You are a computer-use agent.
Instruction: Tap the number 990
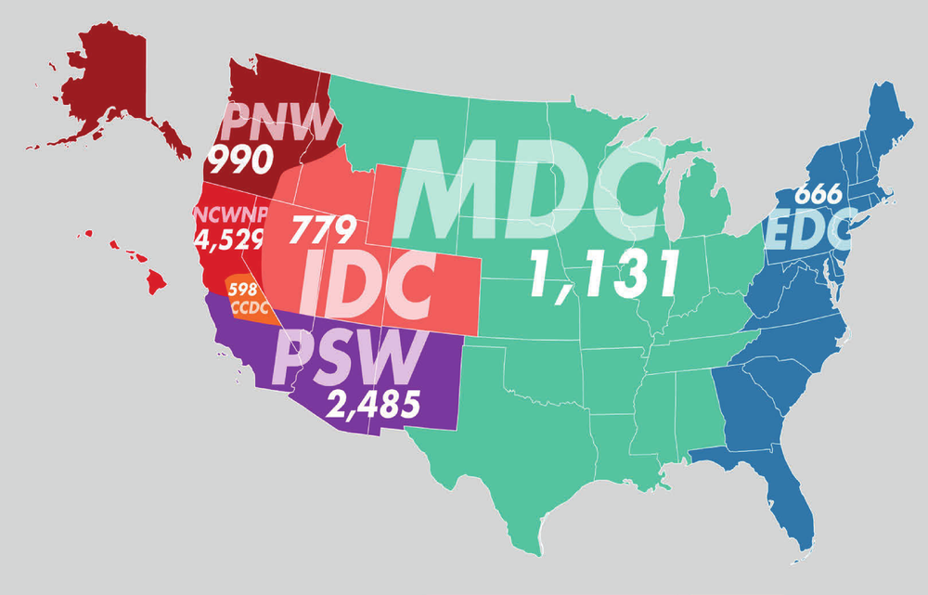click(x=238, y=162)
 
